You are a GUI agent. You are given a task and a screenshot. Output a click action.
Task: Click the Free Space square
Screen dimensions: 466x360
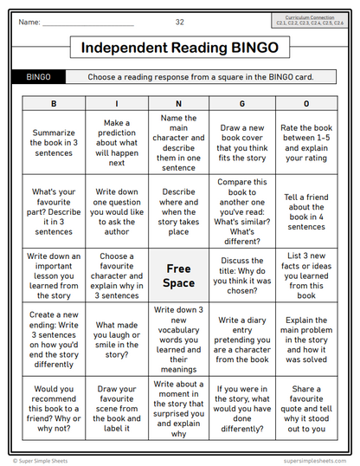[x=179, y=275]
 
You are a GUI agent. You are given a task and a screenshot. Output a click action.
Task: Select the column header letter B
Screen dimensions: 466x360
[x=55, y=103]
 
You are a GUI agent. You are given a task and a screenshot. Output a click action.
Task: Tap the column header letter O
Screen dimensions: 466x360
[x=305, y=103]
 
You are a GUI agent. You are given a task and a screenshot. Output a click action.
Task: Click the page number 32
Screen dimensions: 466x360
[x=179, y=22]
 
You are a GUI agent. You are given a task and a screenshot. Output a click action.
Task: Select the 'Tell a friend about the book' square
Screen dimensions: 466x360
[x=305, y=212]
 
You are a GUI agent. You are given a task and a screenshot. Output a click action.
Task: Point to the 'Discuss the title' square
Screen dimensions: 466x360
[x=241, y=275]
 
